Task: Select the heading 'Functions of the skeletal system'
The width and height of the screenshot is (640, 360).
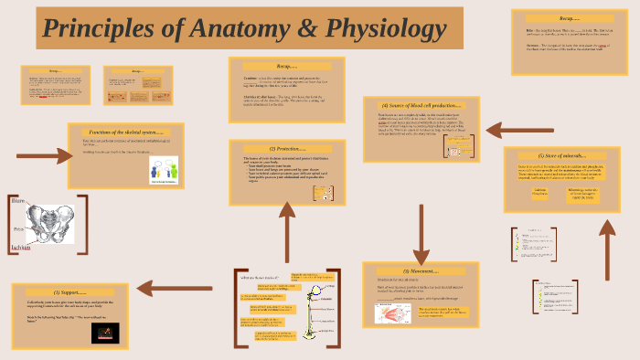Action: [125, 132]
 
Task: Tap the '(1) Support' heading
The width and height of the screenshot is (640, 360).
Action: [69, 291]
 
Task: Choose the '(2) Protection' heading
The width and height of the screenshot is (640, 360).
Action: [285, 148]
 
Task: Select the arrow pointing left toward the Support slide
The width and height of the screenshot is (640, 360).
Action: [178, 291]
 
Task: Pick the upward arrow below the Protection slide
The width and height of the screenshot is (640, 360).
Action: [287, 233]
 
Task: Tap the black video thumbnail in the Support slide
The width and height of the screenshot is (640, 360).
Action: [105, 333]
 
